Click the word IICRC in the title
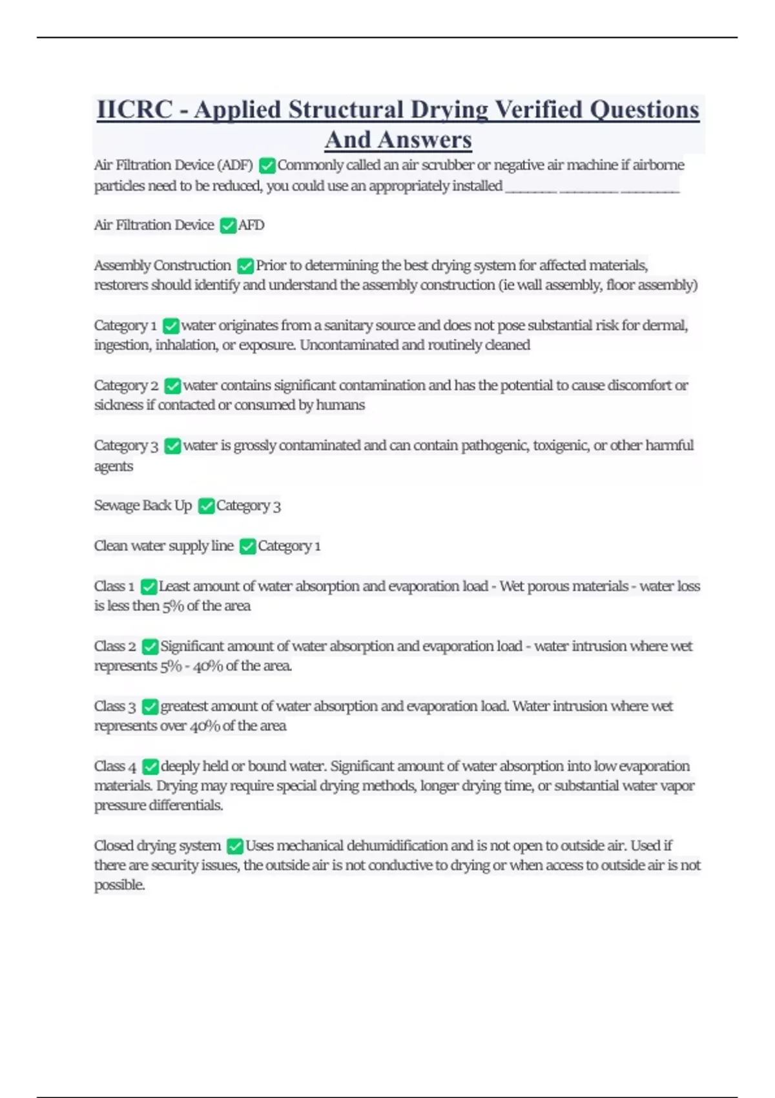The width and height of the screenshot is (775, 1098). (134, 110)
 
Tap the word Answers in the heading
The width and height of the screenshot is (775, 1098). (425, 140)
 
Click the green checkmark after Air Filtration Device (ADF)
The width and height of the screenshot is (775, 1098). (267, 166)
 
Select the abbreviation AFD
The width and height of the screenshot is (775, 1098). (251, 225)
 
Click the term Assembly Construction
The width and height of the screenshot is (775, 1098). (162, 265)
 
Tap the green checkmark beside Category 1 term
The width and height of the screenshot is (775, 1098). (170, 326)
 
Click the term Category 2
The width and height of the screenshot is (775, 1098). (126, 386)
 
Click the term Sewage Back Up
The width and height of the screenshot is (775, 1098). (143, 505)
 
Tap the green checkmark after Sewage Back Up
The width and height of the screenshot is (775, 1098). (206, 506)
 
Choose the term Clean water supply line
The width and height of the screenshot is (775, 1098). (163, 546)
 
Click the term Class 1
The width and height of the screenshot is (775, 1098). (114, 586)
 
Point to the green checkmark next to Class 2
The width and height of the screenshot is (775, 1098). (150, 647)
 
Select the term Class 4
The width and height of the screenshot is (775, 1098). (115, 766)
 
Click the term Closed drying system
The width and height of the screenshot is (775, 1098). (157, 845)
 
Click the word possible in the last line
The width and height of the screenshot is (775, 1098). (119, 885)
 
